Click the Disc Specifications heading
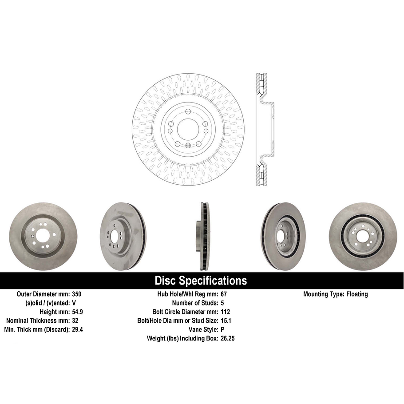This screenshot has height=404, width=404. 201,281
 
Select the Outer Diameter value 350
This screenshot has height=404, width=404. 77,294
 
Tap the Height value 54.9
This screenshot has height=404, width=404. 78,312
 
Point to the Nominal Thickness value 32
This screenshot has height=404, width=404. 75,321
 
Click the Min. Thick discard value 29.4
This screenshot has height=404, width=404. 78,329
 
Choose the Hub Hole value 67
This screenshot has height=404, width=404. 224,294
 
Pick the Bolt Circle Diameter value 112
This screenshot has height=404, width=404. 225,312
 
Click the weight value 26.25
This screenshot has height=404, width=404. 228,338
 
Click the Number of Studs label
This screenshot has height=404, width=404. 194,303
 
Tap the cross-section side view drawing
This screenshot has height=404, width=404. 264,129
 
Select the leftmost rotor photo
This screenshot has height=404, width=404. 43,237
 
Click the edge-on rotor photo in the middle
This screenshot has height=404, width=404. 204,237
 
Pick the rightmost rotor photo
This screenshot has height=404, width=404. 363,237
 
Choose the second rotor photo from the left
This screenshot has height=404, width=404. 123,237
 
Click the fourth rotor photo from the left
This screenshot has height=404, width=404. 282,237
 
